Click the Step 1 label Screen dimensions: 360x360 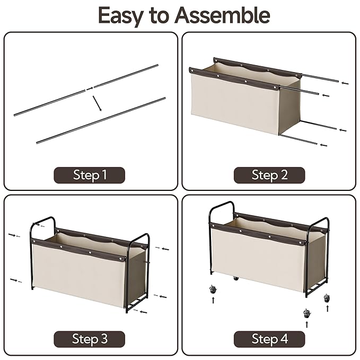90,175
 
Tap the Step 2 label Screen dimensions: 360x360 269,175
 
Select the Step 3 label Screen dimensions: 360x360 90,339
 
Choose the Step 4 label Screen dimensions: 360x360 269,339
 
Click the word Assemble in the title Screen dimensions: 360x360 222,15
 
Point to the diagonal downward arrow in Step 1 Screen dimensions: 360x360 97,103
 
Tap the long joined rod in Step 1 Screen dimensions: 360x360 101,120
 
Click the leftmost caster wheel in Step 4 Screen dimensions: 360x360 213,289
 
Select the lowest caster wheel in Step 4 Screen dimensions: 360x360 307,313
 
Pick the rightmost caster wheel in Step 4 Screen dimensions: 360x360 327,298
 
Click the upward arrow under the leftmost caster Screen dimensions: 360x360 213,300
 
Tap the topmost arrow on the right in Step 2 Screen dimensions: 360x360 345,83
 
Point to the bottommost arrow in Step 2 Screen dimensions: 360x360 324,145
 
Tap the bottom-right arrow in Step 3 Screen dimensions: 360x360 144,312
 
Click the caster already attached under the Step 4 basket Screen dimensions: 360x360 236,278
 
